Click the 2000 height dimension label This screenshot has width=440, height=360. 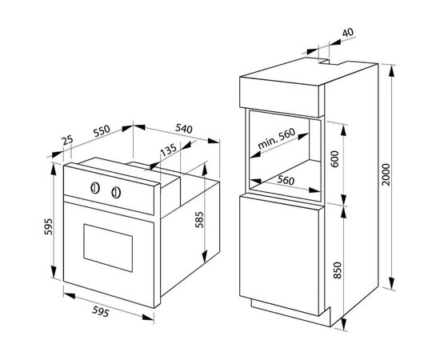[x=386, y=174]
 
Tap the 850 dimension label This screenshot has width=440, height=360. [x=338, y=270]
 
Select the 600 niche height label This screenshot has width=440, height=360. [x=334, y=159]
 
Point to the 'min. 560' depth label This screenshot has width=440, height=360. [x=277, y=138]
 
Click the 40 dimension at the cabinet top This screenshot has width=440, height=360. [x=348, y=33]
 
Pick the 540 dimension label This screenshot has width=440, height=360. [x=184, y=129]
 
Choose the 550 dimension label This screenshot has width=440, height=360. [x=102, y=130]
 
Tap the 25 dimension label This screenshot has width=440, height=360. [x=68, y=140]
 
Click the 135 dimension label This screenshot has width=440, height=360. [x=168, y=150]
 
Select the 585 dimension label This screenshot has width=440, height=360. [x=198, y=220]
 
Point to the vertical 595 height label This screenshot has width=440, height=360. [x=48, y=226]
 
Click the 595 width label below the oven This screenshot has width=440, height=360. [x=101, y=311]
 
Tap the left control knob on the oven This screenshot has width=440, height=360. [x=95, y=188]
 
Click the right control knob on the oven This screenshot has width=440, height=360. [x=116, y=193]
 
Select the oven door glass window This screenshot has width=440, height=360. [x=108, y=248]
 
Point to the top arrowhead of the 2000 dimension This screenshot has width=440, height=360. [x=392, y=71]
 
